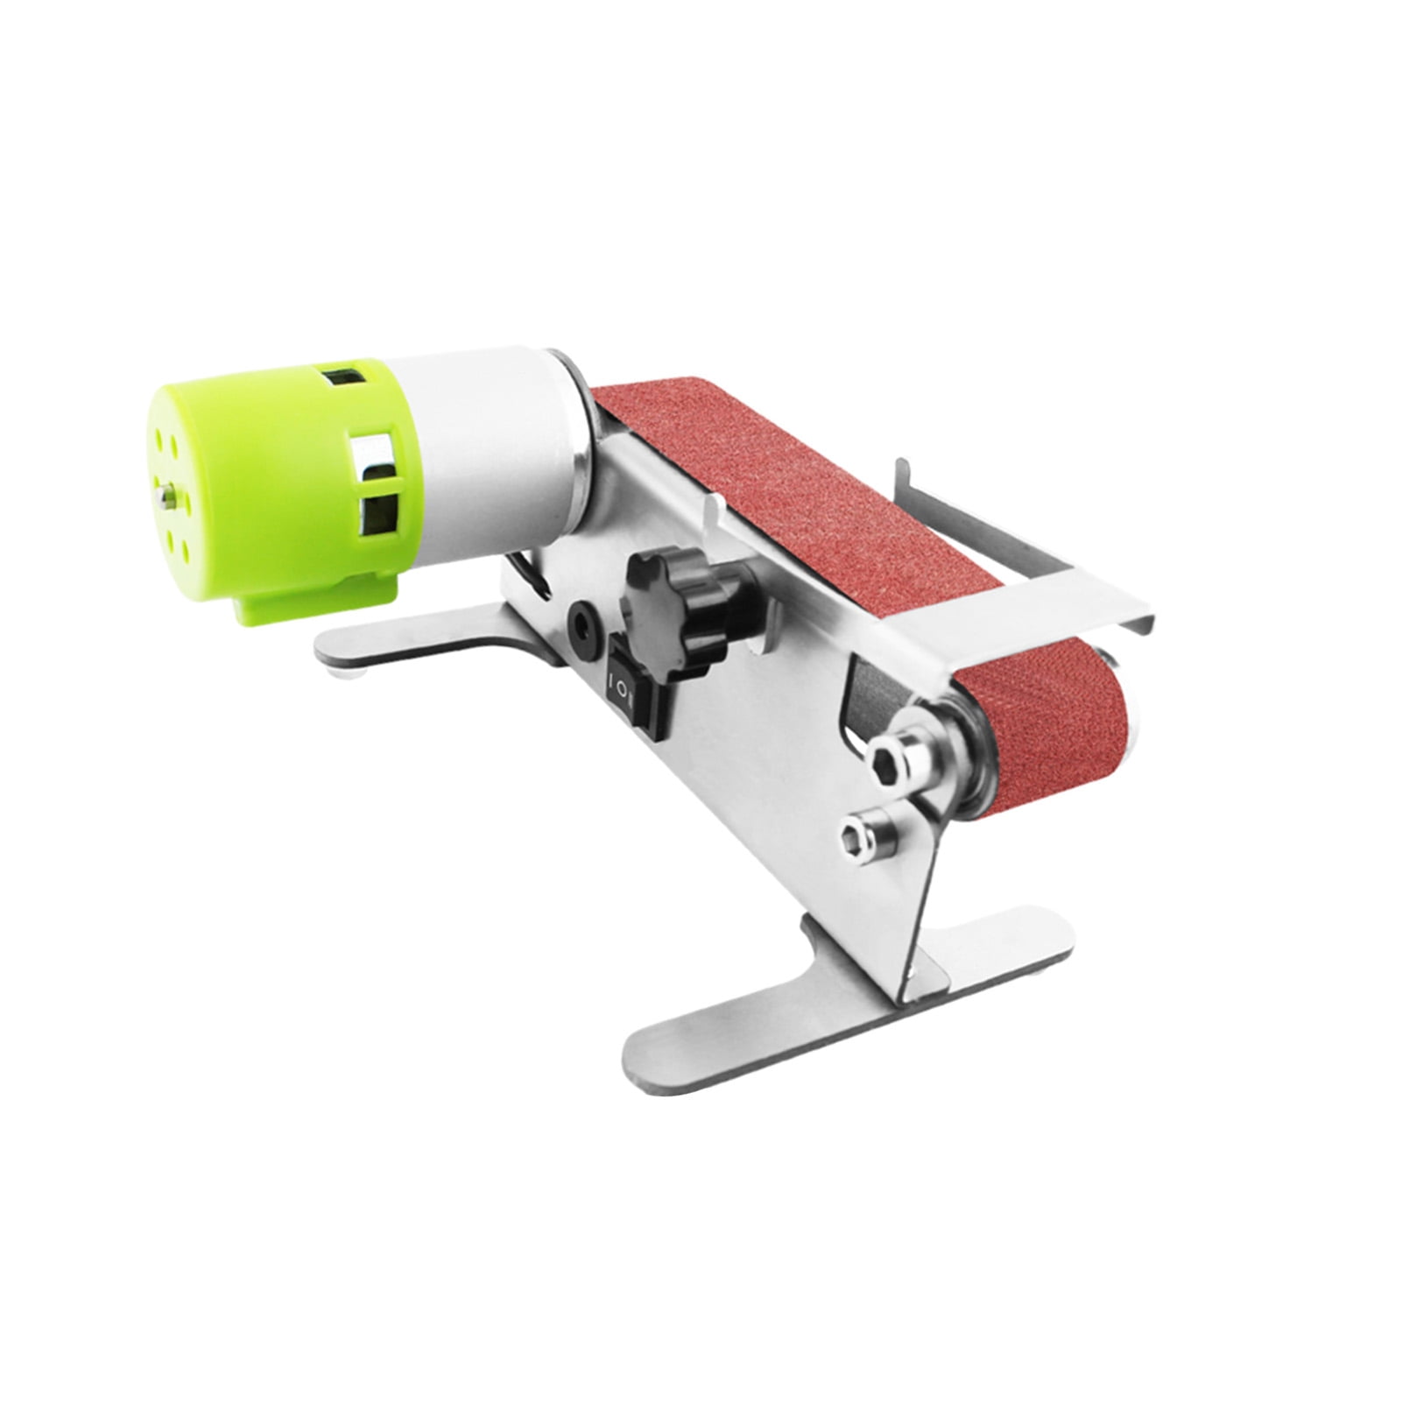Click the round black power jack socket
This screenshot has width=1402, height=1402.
click(580, 623)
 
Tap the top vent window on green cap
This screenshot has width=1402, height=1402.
click(342, 379)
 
